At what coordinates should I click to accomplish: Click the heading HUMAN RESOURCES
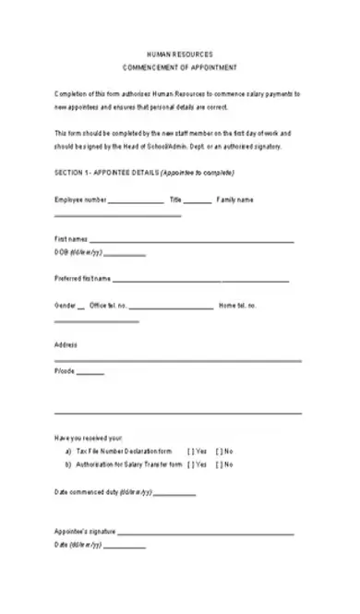pyautogui.click(x=180, y=55)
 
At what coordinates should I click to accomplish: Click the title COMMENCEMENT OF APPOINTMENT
pyautogui.click(x=180, y=68)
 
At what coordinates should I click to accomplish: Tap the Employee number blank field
pyautogui.click(x=137, y=201)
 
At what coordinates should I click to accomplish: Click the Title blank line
pyautogui.click(x=197, y=201)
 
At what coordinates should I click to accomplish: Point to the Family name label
pyautogui.click(x=235, y=199)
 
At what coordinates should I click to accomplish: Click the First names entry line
pyautogui.click(x=192, y=240)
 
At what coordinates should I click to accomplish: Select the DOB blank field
pyautogui.click(x=127, y=254)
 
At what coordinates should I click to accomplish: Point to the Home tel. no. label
pyautogui.click(x=237, y=306)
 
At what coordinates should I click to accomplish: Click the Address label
pyautogui.click(x=66, y=344)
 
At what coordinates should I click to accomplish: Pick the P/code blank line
pyautogui.click(x=90, y=374)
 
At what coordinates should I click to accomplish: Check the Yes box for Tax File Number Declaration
pyautogui.click(x=191, y=451)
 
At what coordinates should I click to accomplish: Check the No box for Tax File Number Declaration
pyautogui.click(x=219, y=451)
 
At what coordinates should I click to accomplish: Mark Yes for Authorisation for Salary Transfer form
pyautogui.click(x=191, y=464)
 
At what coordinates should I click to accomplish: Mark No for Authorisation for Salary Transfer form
pyautogui.click(x=219, y=464)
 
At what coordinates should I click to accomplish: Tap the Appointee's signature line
pyautogui.click(x=205, y=533)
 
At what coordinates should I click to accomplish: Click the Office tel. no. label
pyautogui.click(x=109, y=306)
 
